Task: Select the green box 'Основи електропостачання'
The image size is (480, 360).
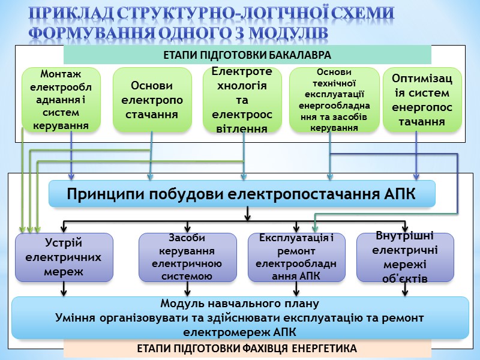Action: click(x=152, y=100)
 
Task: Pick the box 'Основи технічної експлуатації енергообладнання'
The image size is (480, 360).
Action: click(x=334, y=100)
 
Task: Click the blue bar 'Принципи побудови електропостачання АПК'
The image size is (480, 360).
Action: click(x=242, y=194)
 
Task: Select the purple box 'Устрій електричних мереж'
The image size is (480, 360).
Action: click(x=64, y=257)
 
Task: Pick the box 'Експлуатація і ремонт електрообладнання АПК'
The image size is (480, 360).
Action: click(x=296, y=257)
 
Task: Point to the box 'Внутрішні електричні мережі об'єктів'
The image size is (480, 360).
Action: click(x=405, y=257)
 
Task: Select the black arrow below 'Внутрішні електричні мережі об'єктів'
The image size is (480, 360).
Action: click(x=405, y=289)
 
